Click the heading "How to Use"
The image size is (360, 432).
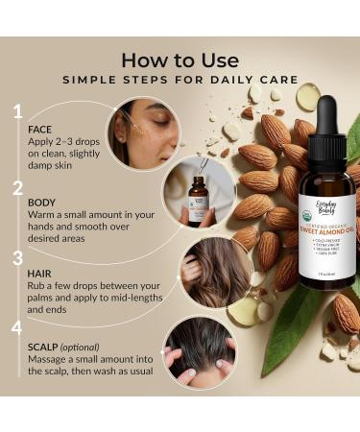tap(179, 60)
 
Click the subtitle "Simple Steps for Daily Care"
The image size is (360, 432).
tap(180, 82)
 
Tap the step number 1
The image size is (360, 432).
tap(17, 112)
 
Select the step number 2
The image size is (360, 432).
tap(17, 186)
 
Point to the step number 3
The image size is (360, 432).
tap(17, 258)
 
